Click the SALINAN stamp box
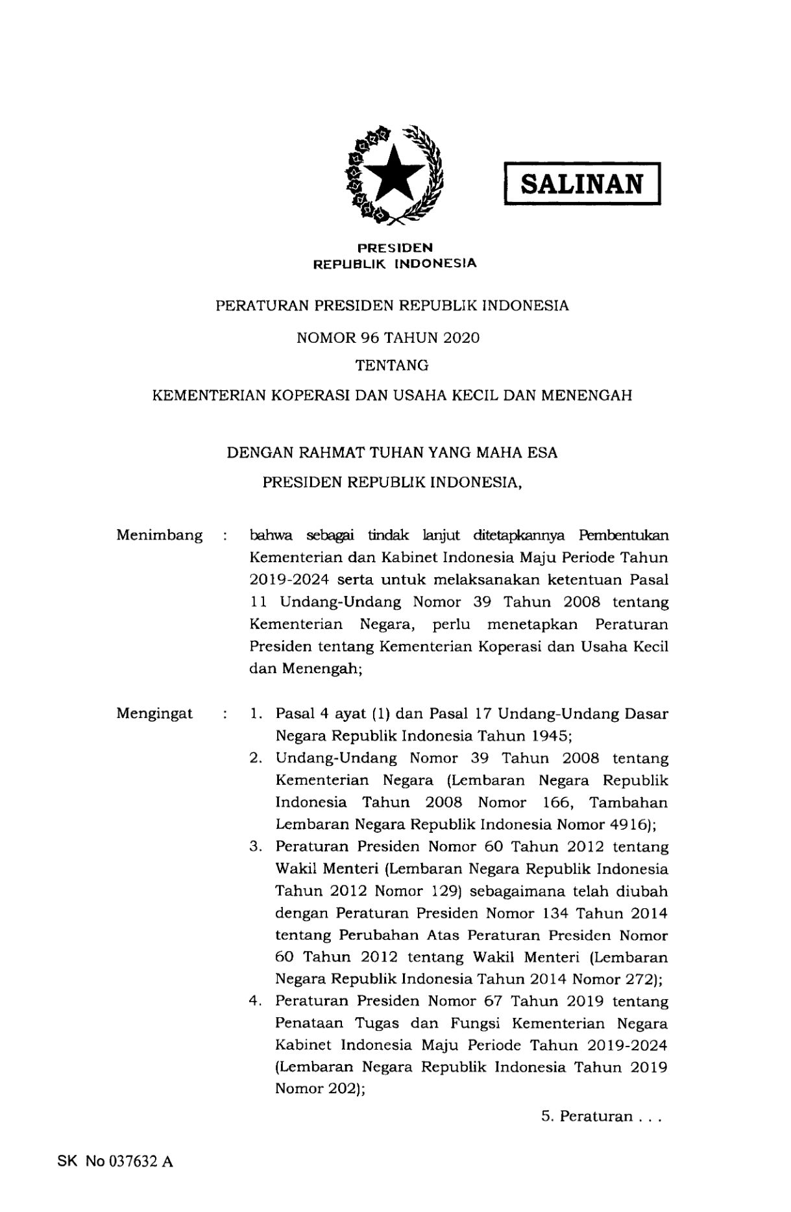coord(582,184)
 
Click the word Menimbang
coord(159,536)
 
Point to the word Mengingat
coord(154,713)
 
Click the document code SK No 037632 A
coord(115,1161)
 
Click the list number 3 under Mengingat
coord(255,847)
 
